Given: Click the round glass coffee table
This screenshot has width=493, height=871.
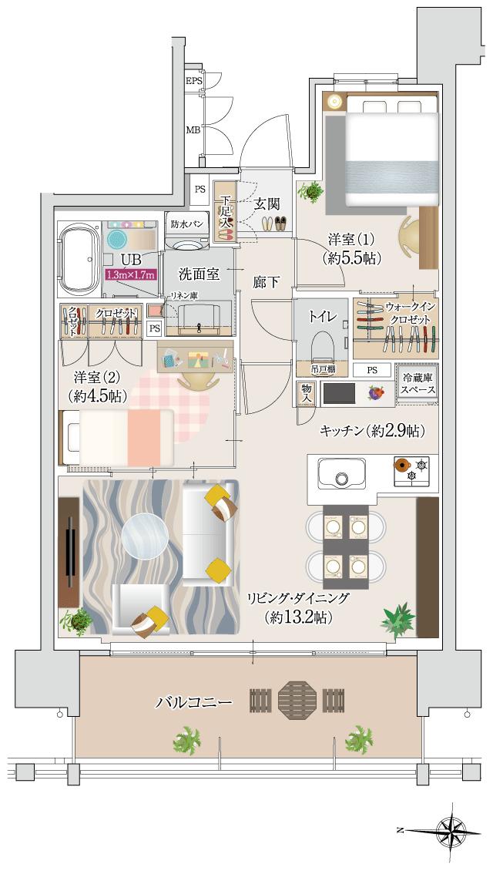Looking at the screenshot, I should coord(146,535).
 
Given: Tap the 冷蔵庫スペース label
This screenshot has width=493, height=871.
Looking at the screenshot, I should coord(417,383).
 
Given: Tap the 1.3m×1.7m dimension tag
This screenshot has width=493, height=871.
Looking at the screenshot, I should coord(130,274).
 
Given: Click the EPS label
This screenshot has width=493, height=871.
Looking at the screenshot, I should coord(193,80).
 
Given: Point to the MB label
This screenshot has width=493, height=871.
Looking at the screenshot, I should coord(193,130).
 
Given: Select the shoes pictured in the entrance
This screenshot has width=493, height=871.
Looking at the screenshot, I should coord(272,224).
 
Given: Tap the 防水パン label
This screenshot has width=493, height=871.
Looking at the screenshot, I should coord(186,224).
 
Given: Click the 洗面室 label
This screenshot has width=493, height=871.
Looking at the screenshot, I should coord(200,273).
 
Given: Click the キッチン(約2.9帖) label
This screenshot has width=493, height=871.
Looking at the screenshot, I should coord(373,430).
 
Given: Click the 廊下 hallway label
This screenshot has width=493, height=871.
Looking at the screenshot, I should coord(267,283).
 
